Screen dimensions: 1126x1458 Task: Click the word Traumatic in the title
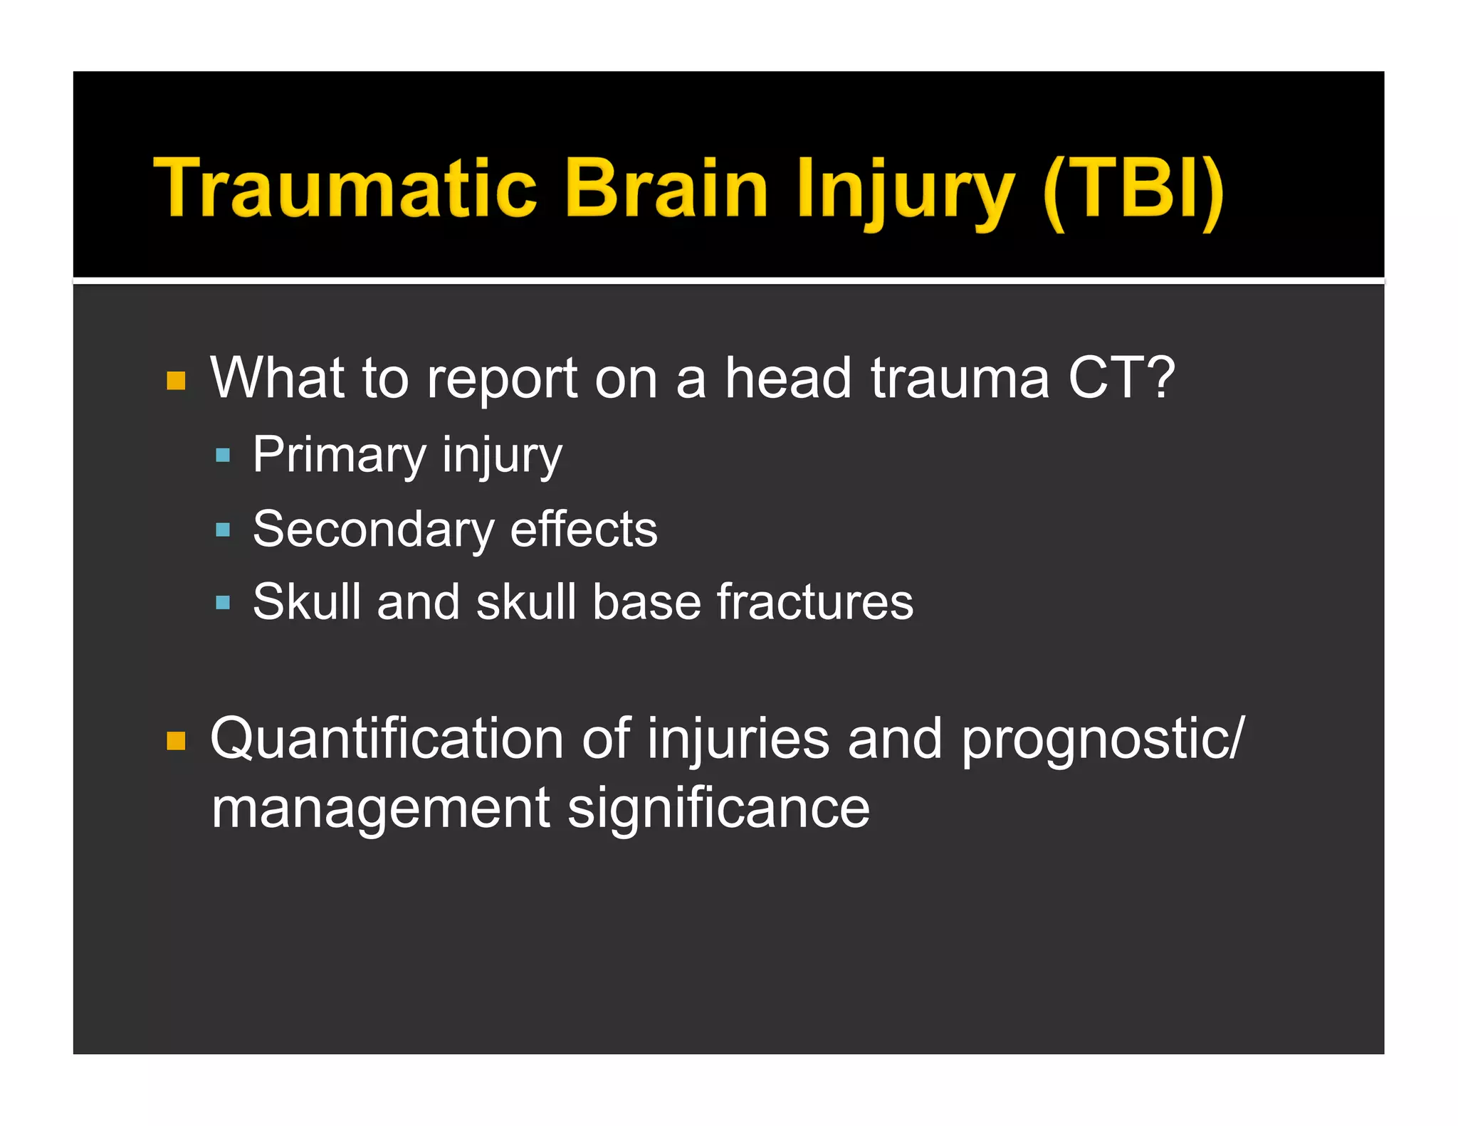[x=345, y=188]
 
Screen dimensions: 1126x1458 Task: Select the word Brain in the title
[x=666, y=188]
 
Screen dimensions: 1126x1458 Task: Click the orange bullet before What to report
[x=176, y=381]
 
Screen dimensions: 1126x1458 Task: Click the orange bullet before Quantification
[x=176, y=741]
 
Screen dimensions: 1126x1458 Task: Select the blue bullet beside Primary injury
[x=223, y=455]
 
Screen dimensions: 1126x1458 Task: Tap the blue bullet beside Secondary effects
[x=223, y=530]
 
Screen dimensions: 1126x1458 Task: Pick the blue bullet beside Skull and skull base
[x=223, y=603]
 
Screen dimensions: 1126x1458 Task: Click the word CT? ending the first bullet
[x=1121, y=378]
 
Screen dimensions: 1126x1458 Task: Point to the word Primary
[x=339, y=456]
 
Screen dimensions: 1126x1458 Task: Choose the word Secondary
[x=373, y=530]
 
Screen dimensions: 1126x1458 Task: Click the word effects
[x=584, y=530]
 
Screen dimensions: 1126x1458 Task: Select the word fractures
[x=814, y=602]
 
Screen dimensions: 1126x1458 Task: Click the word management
[x=381, y=809]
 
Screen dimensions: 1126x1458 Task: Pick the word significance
[x=718, y=809]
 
